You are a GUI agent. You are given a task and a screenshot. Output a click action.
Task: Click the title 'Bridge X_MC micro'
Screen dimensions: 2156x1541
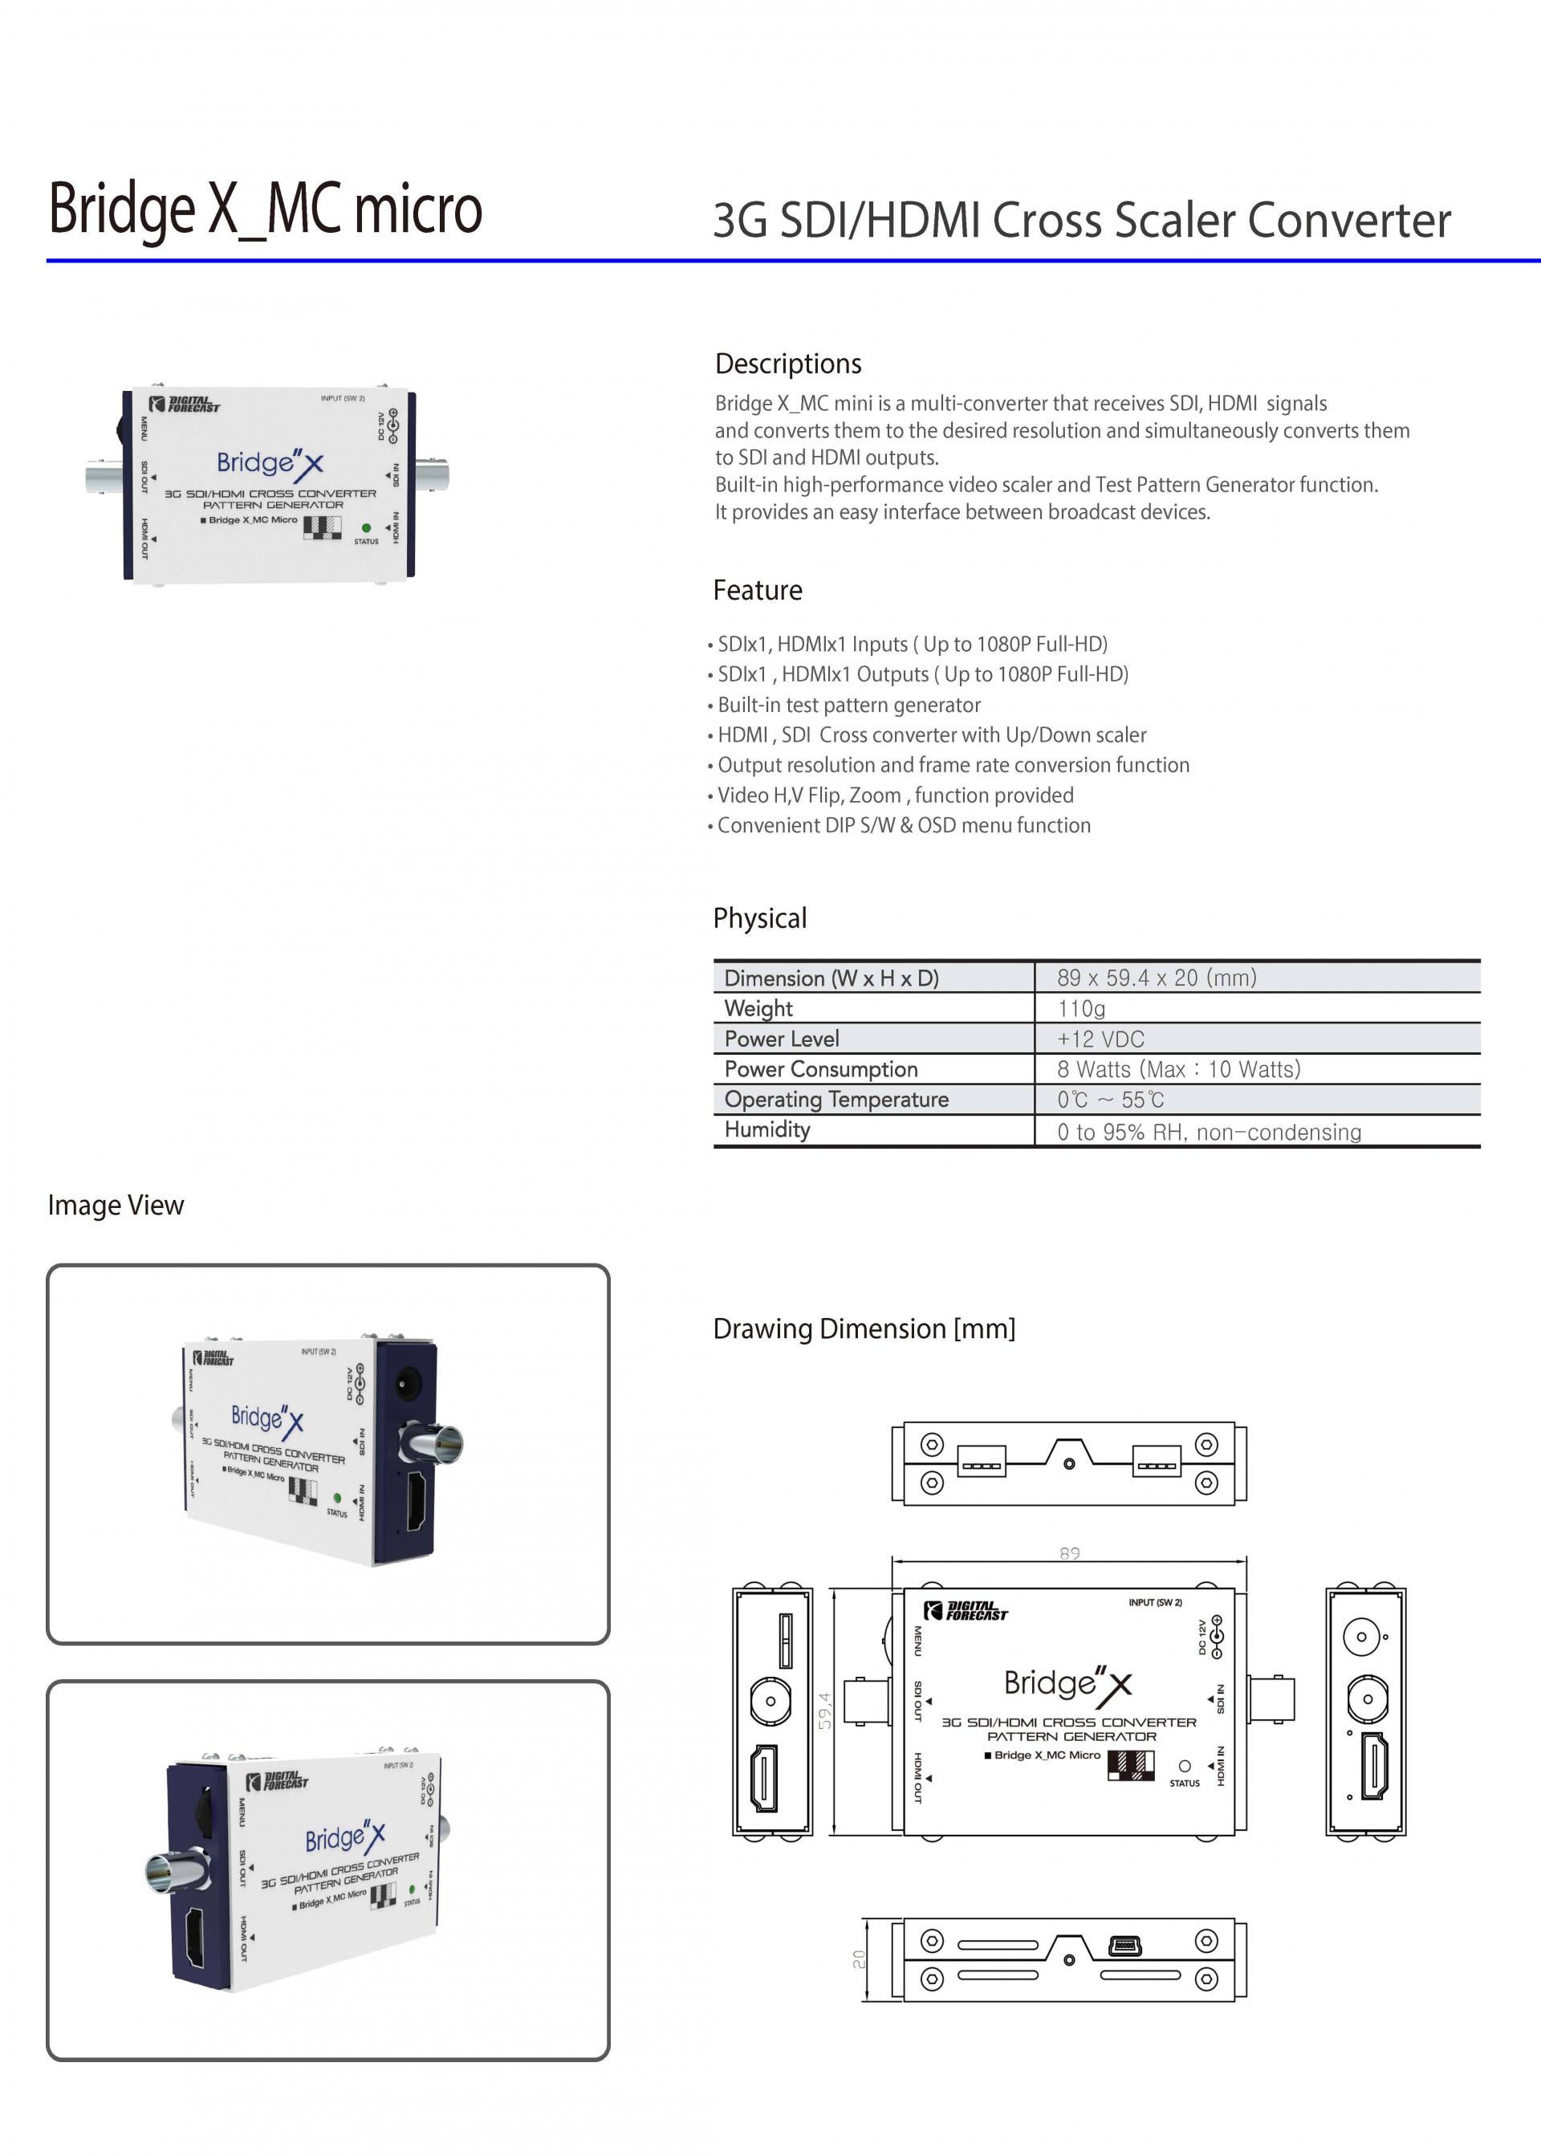pyautogui.click(x=265, y=209)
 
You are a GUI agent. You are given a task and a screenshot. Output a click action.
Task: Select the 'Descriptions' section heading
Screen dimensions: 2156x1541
pyautogui.click(x=787, y=364)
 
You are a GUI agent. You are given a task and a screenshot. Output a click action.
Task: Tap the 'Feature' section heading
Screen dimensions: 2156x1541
pyautogui.click(x=757, y=590)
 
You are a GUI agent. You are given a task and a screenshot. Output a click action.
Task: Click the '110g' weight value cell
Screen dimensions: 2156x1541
pyautogui.click(x=1081, y=1008)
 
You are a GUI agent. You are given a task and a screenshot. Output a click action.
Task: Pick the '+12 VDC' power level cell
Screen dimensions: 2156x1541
pyautogui.click(x=1100, y=1039)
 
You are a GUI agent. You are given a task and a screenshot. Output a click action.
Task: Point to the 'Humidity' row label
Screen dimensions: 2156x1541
pyautogui.click(x=766, y=1129)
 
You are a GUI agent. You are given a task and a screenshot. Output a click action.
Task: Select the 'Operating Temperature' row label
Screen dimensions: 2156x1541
pyautogui.click(x=836, y=1099)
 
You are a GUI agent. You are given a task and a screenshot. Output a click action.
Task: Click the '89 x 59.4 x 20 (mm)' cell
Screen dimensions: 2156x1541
pyautogui.click(x=1156, y=978)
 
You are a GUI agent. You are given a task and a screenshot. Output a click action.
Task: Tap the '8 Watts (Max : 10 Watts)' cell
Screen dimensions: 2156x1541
pyautogui.click(x=1177, y=1069)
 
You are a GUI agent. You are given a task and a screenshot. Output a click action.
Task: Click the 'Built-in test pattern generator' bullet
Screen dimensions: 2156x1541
pyautogui.click(x=848, y=704)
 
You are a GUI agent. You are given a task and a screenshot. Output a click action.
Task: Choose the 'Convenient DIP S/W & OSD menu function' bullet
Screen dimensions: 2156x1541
pyautogui.click(x=904, y=824)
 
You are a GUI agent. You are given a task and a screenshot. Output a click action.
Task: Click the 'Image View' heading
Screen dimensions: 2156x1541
pyautogui.click(x=116, y=1205)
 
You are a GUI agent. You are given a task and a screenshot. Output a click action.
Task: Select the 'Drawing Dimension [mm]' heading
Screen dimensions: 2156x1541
pyautogui.click(x=864, y=1328)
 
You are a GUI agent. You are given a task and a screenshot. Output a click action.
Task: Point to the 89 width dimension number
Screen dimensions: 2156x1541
pyautogui.click(x=1069, y=1553)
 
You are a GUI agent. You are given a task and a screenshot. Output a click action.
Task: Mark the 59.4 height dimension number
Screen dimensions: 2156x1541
pyautogui.click(x=824, y=1710)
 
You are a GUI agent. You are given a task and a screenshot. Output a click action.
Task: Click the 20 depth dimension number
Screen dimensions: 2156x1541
pyautogui.click(x=859, y=1959)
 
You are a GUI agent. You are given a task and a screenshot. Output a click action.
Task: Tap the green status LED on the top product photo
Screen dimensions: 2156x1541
pyautogui.click(x=366, y=527)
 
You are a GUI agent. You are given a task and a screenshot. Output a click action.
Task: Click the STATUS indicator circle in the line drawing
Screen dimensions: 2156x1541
pyautogui.click(x=1184, y=1766)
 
